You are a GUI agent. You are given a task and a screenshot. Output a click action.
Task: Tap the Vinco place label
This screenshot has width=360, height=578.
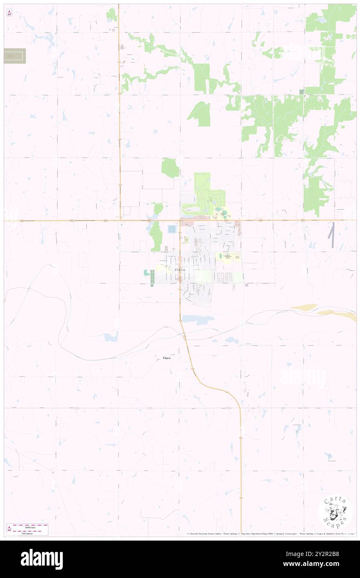(166, 358)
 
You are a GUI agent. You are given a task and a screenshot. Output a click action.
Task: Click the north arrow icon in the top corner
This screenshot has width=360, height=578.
(9, 13)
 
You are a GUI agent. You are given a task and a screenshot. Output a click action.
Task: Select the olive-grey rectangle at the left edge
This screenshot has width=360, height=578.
(15, 56)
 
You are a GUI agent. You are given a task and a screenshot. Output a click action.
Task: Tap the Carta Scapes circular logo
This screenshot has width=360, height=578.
(335, 511)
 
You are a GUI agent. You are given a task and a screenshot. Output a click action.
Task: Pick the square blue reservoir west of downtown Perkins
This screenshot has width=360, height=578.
(172, 229)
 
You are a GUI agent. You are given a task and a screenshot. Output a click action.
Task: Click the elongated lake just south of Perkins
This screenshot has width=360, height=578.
(198, 319)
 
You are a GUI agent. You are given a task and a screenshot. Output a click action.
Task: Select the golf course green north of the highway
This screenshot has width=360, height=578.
(208, 195)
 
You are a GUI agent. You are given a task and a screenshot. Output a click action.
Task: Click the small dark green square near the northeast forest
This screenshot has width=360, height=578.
(301, 91)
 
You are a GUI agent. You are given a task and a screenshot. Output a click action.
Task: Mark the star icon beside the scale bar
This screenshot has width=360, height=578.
(9, 529)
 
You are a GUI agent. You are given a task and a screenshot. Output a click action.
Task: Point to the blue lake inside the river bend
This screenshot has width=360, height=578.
(111, 337)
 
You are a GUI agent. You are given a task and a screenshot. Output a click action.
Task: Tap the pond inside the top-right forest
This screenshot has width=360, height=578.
(321, 20)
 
